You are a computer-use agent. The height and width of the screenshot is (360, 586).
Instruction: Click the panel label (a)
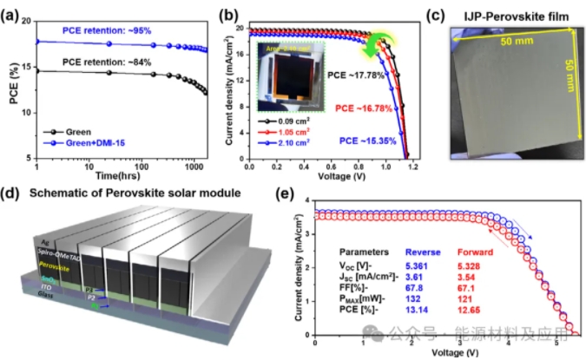point(11,11)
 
